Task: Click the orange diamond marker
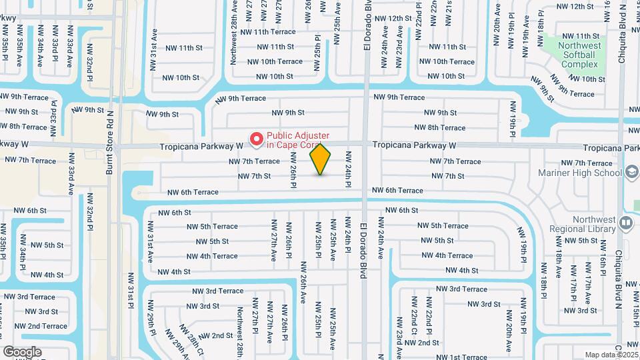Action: point(321,159)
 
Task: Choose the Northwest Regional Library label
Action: point(577,223)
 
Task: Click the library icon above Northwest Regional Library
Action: point(625,223)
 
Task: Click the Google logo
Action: point(22,351)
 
